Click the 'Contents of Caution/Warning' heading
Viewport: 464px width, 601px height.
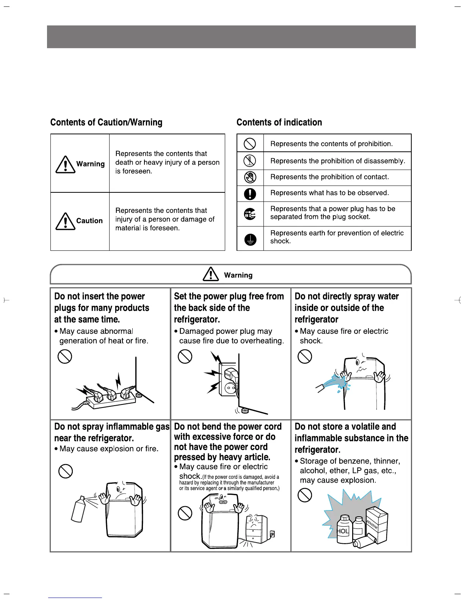pos(106,122)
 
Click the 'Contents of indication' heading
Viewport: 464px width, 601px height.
pos(279,122)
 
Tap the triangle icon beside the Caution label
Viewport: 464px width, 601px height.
pos(65,221)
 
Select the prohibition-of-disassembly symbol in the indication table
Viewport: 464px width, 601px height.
pos(250,161)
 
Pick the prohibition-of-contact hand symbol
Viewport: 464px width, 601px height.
pos(250,177)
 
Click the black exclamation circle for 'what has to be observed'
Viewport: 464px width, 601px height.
pos(250,194)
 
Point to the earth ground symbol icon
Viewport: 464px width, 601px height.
pos(250,239)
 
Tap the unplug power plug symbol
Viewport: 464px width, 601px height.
pos(250,214)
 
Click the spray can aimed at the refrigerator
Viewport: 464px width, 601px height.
pos(78,508)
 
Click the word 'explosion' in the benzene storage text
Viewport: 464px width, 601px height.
pos(358,480)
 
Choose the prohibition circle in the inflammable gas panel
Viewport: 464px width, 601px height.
pos(65,472)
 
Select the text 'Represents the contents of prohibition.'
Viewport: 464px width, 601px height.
pos(331,144)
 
